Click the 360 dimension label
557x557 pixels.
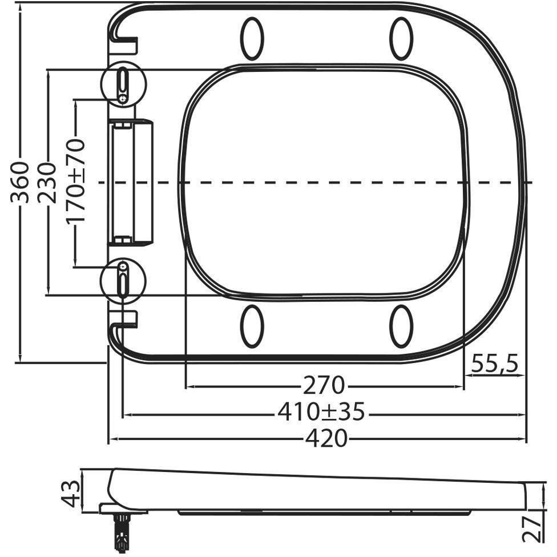19,183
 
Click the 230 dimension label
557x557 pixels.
47,183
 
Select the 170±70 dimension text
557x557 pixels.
76,181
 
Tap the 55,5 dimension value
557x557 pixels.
495,364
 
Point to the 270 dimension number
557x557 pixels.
324,385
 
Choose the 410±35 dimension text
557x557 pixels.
321,412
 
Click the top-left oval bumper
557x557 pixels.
252,38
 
